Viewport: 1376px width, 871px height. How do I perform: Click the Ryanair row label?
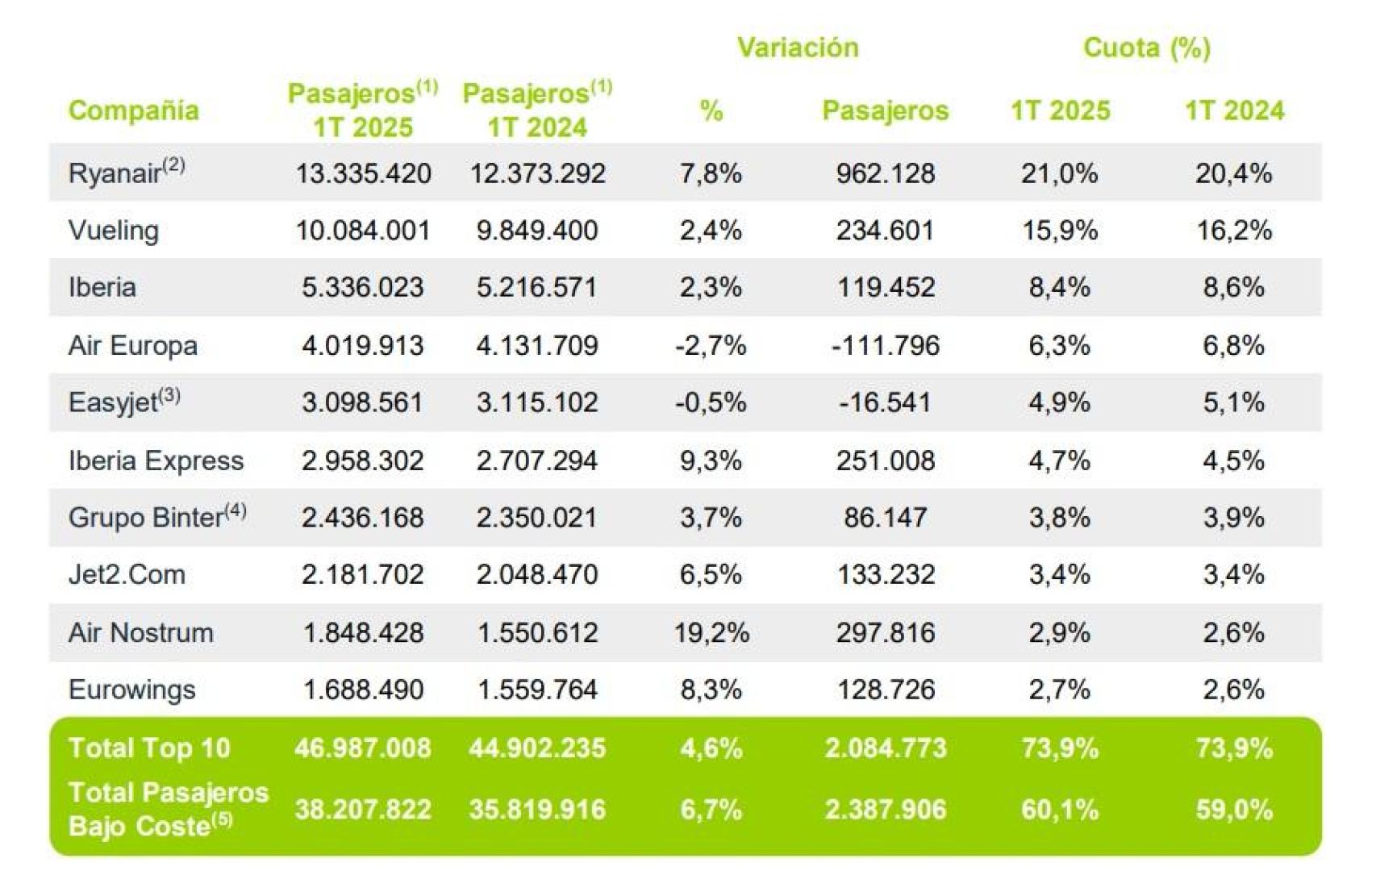(x=115, y=173)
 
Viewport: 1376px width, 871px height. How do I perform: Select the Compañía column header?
(x=133, y=110)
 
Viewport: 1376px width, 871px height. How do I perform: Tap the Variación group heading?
(x=797, y=48)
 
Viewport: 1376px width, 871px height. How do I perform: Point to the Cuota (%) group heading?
(x=1146, y=48)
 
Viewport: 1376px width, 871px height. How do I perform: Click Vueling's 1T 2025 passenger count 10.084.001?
(x=362, y=231)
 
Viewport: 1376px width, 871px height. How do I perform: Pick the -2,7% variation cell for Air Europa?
(x=710, y=345)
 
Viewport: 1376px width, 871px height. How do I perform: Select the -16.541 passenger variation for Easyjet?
(x=884, y=402)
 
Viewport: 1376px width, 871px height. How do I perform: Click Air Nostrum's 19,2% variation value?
(x=711, y=632)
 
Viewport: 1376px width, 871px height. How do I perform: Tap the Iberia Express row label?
(x=156, y=461)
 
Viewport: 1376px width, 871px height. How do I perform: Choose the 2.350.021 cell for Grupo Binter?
(x=536, y=517)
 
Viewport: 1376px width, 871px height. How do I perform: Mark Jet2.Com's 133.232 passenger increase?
(x=885, y=574)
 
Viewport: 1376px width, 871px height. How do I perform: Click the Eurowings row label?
(x=132, y=690)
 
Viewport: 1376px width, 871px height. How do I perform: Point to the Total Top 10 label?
(x=149, y=748)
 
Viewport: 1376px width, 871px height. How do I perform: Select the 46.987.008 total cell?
(x=362, y=748)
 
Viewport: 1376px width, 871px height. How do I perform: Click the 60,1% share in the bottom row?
(x=1059, y=809)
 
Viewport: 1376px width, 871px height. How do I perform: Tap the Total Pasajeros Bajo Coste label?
(x=168, y=809)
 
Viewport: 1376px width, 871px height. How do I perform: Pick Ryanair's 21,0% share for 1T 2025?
(x=1059, y=173)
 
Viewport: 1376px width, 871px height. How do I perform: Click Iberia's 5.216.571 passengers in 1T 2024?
(x=536, y=288)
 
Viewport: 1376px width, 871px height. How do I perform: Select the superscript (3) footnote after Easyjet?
(x=169, y=395)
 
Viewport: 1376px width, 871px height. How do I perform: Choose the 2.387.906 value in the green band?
(x=885, y=809)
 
